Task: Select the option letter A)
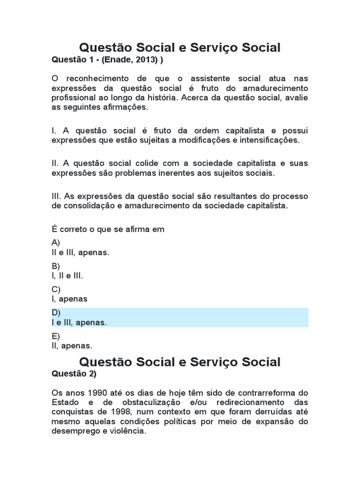pos(56,243)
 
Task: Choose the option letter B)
pos(56,266)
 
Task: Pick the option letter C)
pos(56,289)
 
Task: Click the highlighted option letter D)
pos(56,313)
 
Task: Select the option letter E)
pos(56,336)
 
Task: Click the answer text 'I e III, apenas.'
pos(79,322)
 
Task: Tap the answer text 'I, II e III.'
pos(67,276)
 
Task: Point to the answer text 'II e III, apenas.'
pos(80,253)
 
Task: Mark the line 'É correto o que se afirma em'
pos(108,229)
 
